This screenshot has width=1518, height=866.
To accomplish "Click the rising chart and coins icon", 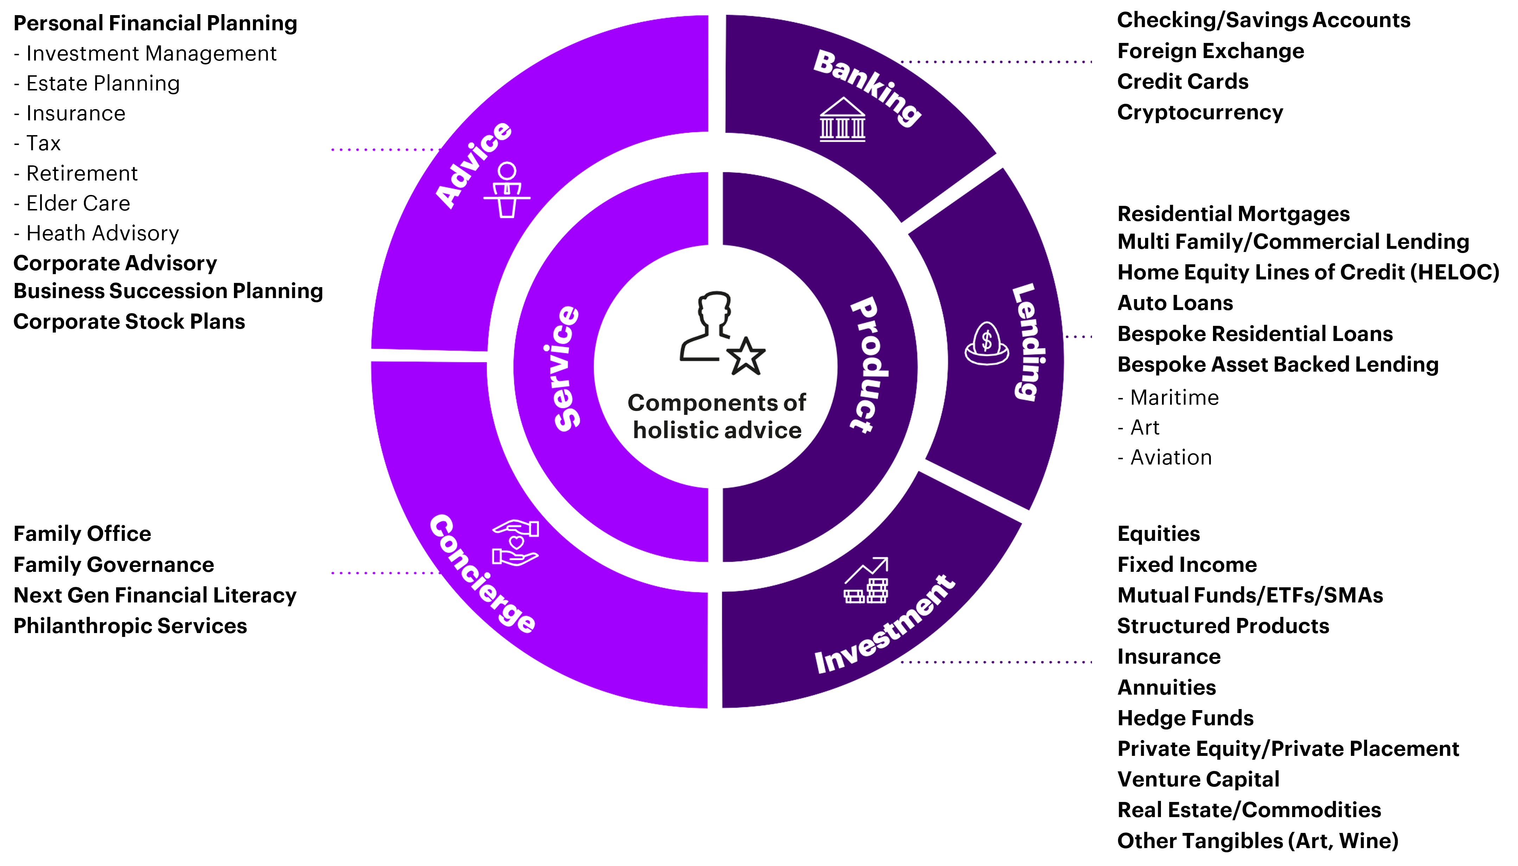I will (866, 581).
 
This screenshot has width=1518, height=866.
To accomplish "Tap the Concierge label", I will (482, 574).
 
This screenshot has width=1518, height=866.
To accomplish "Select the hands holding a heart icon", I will (515, 543).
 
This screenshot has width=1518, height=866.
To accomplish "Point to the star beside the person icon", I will (745, 357).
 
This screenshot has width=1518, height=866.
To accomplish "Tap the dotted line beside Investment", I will (996, 662).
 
